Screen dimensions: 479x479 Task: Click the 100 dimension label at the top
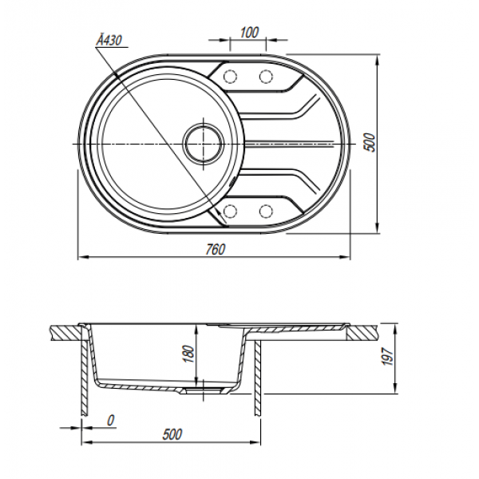point(249,33)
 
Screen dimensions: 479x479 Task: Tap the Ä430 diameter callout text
point(109,40)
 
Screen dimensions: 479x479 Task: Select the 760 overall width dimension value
point(216,250)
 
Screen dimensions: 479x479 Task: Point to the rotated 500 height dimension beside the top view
point(370,142)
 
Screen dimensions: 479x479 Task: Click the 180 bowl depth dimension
point(189,354)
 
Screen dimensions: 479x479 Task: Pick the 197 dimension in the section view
point(387,356)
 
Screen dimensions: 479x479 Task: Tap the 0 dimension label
point(111,421)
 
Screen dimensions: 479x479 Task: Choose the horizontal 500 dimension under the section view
point(172,434)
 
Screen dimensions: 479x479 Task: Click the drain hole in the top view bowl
point(204,144)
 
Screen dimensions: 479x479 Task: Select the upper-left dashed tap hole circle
point(231,76)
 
